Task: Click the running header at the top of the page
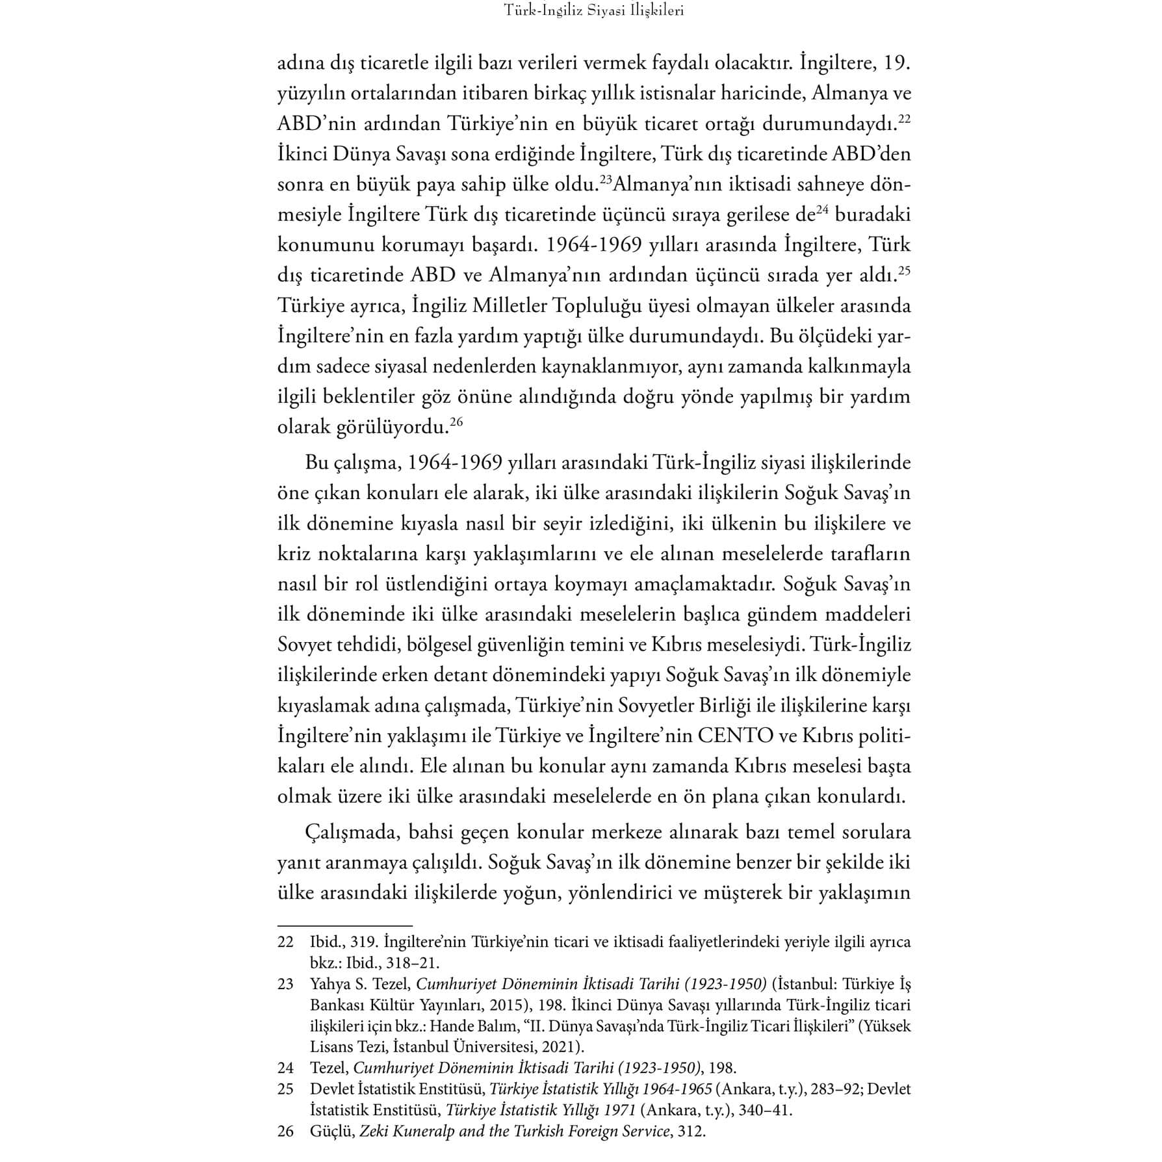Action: pos(594,11)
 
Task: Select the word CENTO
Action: pos(736,735)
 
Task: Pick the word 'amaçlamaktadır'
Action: pos(701,584)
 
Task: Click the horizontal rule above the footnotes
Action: pos(344,925)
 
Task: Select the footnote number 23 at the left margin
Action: pos(285,984)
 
